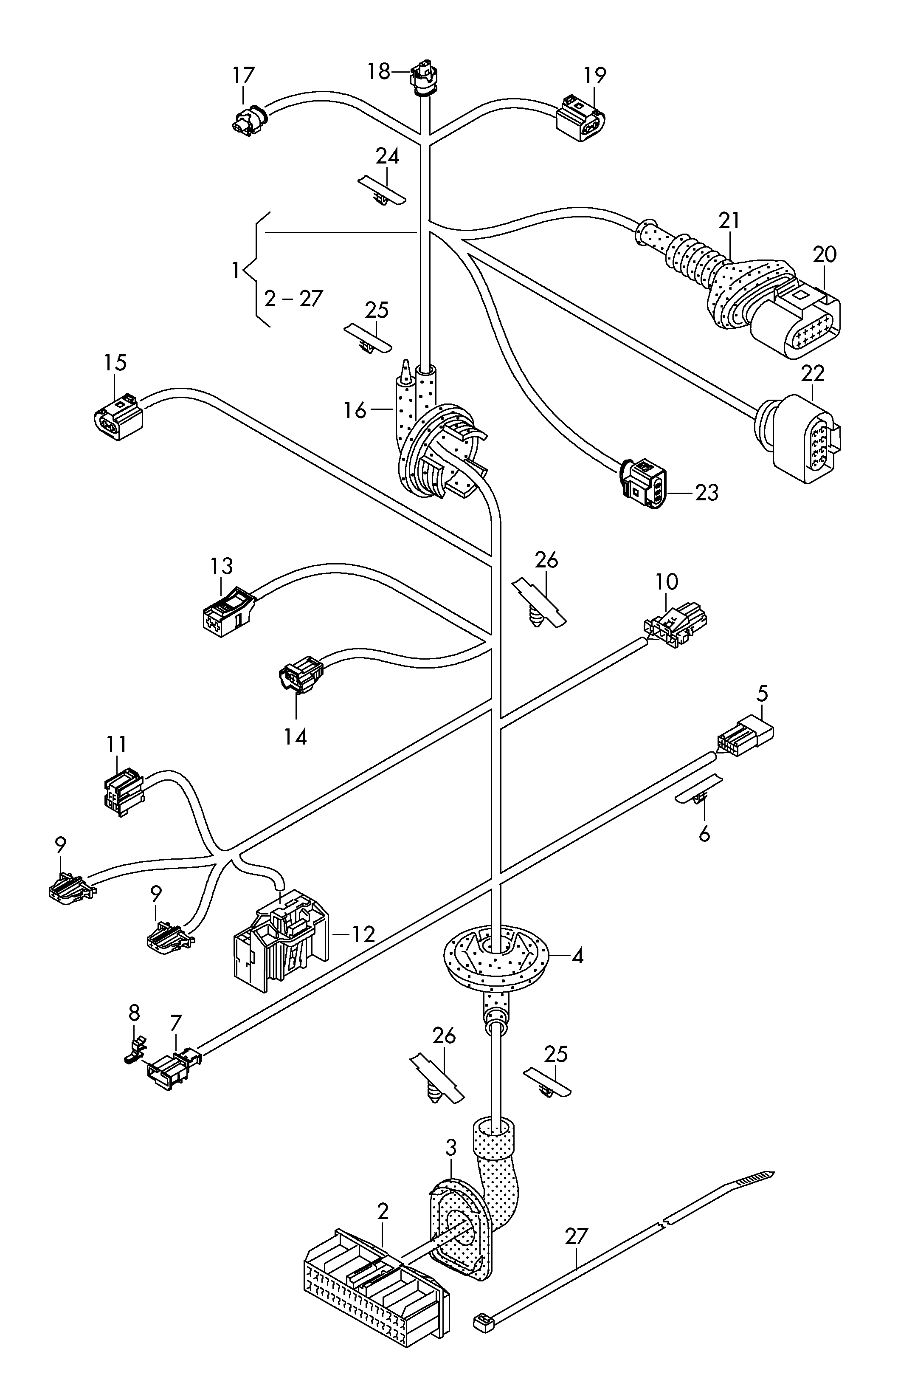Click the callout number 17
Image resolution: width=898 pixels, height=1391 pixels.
[x=244, y=76]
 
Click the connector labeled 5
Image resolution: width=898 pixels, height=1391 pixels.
[x=745, y=738]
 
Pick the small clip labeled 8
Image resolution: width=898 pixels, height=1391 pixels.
[x=135, y=1050]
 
